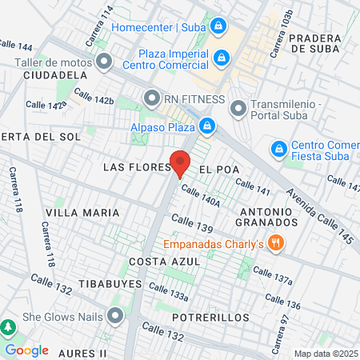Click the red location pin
coord(181,163)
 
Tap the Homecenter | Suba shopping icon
coord(218,26)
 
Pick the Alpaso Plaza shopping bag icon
coord(207,126)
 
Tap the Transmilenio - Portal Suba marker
coord(238,107)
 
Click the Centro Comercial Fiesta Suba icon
coord(278,149)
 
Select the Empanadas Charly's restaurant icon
coord(275,243)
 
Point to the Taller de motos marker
coord(103,61)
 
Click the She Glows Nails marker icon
coord(116,316)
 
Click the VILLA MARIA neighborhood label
coord(82,213)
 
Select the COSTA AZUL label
coord(156,262)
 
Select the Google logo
coord(26,350)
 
